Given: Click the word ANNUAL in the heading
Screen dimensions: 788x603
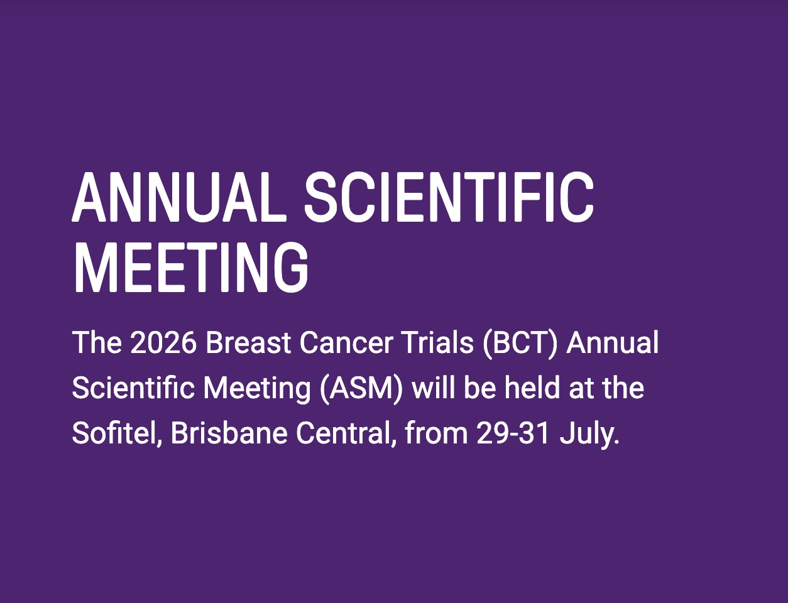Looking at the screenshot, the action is click(x=179, y=197).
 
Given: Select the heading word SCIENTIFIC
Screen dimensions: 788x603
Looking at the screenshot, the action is click(x=449, y=197).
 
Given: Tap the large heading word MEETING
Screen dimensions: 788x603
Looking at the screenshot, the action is click(x=191, y=268).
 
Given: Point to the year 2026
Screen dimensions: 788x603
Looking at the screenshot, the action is click(x=163, y=342).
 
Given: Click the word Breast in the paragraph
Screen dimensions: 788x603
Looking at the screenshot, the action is click(x=248, y=342).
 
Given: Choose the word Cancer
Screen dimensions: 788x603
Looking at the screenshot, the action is click(x=346, y=342).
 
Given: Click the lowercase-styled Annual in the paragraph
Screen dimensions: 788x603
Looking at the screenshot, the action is click(x=613, y=342).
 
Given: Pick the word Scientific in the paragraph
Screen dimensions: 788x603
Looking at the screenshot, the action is click(x=133, y=388).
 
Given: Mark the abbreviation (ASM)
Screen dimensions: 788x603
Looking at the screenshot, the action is click(x=361, y=390).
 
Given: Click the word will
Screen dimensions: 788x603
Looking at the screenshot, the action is click(x=434, y=388).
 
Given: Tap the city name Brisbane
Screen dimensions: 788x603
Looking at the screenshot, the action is click(x=229, y=433).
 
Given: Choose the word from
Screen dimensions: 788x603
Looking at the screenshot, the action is click(x=436, y=433).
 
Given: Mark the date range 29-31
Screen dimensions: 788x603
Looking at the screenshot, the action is click(x=513, y=433).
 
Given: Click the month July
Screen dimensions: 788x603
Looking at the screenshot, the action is click(x=589, y=435).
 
